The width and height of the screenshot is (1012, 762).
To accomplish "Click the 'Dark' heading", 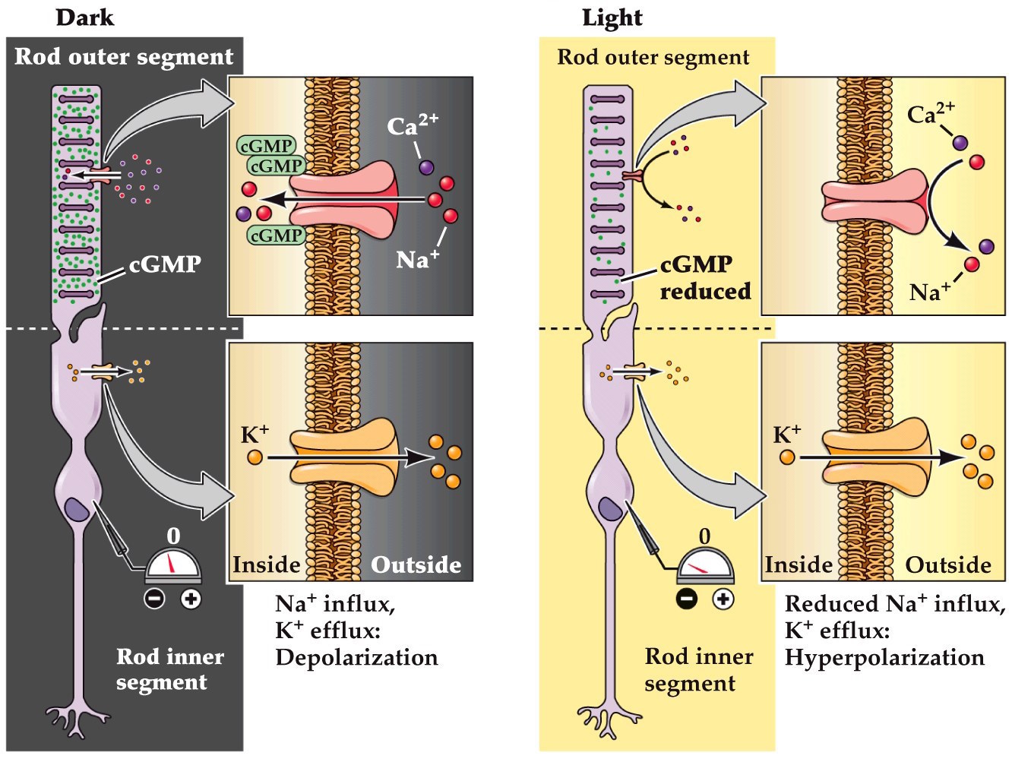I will point(84,17).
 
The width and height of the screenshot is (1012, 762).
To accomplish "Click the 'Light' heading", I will point(612,17).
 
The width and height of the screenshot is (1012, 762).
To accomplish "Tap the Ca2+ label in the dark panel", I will point(412,125).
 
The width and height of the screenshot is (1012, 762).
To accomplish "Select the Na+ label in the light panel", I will point(929,291).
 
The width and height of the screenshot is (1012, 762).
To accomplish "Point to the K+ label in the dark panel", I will point(255,435).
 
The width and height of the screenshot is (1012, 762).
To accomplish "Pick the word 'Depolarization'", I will point(356,657).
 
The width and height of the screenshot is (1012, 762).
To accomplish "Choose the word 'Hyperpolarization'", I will point(884,657).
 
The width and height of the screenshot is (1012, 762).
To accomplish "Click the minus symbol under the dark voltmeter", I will point(154,599).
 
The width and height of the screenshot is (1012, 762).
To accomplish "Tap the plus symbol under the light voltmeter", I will point(723,599).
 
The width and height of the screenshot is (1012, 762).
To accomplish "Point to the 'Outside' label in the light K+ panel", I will point(948,565).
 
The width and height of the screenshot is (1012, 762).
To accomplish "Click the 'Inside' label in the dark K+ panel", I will point(266,565).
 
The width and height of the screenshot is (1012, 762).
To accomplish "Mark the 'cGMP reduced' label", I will point(704,278).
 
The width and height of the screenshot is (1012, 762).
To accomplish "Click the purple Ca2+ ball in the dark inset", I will point(425,166).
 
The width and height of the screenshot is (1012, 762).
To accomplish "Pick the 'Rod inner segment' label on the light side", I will point(698,669).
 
